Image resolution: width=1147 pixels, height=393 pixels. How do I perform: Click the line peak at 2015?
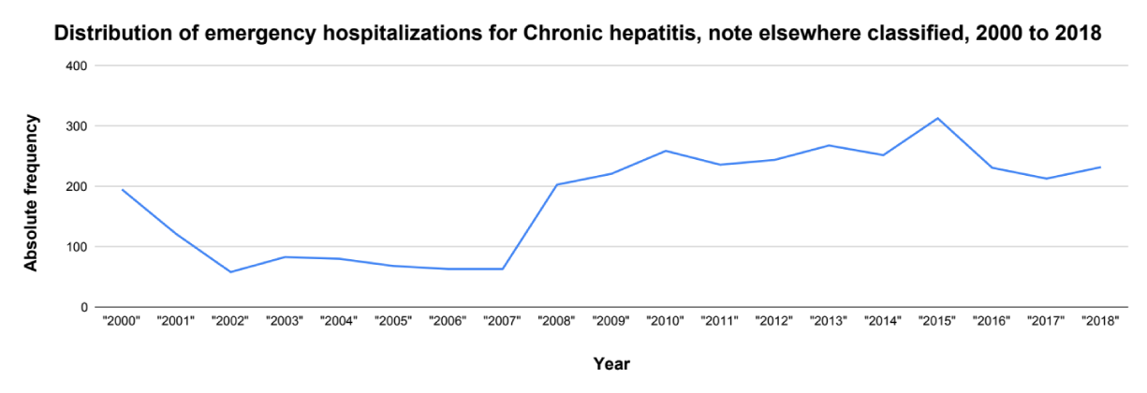point(937,118)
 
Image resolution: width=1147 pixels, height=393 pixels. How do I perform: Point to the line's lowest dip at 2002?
point(230,272)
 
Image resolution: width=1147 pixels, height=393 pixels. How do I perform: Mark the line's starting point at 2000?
point(123,190)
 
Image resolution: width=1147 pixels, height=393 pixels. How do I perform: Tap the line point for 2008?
point(556,184)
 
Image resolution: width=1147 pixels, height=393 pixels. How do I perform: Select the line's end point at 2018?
point(1100,167)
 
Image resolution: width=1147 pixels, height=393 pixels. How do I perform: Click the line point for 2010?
point(665,151)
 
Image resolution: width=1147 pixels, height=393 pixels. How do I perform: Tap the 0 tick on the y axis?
point(83,307)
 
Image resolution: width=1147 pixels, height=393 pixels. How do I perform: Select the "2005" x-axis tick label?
point(393,321)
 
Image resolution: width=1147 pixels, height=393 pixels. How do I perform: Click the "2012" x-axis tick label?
point(773,321)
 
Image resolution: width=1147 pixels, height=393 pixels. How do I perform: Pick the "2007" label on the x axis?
point(502,321)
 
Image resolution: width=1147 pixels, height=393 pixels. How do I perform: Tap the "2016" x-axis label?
point(992,321)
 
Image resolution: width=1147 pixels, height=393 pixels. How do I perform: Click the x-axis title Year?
point(611,364)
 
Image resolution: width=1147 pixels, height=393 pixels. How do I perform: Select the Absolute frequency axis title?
point(32,193)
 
